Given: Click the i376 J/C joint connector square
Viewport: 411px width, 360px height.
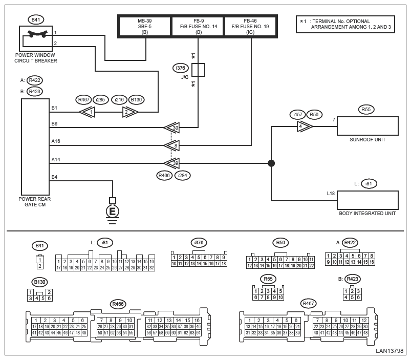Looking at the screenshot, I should (198, 70).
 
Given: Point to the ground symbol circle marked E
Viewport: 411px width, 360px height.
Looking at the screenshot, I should (112, 211).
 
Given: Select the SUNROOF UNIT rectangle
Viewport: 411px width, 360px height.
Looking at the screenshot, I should (367, 125).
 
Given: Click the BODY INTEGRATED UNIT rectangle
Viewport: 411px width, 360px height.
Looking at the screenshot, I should (367, 200).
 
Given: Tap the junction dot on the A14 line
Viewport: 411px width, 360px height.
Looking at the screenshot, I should (271, 163).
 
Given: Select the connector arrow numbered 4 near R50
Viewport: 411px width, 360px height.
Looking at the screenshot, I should (305, 126).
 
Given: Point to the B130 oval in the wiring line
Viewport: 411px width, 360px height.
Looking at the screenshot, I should (136, 100).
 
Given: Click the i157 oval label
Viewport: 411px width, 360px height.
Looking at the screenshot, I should (297, 114).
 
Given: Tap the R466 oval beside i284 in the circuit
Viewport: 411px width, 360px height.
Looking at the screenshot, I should (164, 176).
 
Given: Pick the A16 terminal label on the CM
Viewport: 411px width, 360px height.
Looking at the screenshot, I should (55, 141).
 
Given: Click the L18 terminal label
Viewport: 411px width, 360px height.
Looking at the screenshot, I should (331, 193).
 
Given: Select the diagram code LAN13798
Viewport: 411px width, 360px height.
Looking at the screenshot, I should (390, 351).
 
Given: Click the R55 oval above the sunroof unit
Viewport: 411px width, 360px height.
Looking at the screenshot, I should (365, 109).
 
